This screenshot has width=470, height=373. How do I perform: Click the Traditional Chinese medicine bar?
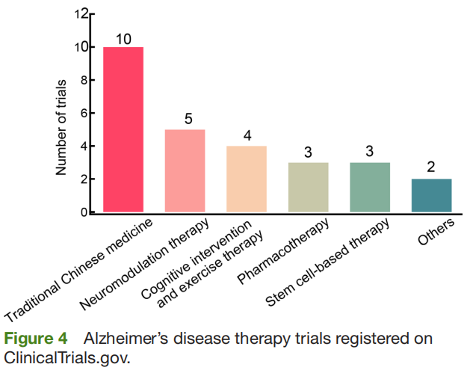[123, 130]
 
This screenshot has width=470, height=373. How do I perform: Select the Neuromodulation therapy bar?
[185, 171]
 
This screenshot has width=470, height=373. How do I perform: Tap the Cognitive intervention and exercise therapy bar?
[247, 179]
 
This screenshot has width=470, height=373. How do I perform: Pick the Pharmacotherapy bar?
[308, 188]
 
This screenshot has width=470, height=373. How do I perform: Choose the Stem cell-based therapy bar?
[370, 188]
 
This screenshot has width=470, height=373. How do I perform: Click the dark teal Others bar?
[431, 196]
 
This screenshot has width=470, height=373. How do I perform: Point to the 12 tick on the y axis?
[79, 14]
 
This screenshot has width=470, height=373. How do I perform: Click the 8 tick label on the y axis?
[82, 81]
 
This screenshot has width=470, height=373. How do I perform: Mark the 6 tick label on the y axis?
[82, 114]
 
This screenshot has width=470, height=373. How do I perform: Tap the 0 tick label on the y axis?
[82, 213]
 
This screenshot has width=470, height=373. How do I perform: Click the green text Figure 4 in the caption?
[37, 339]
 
